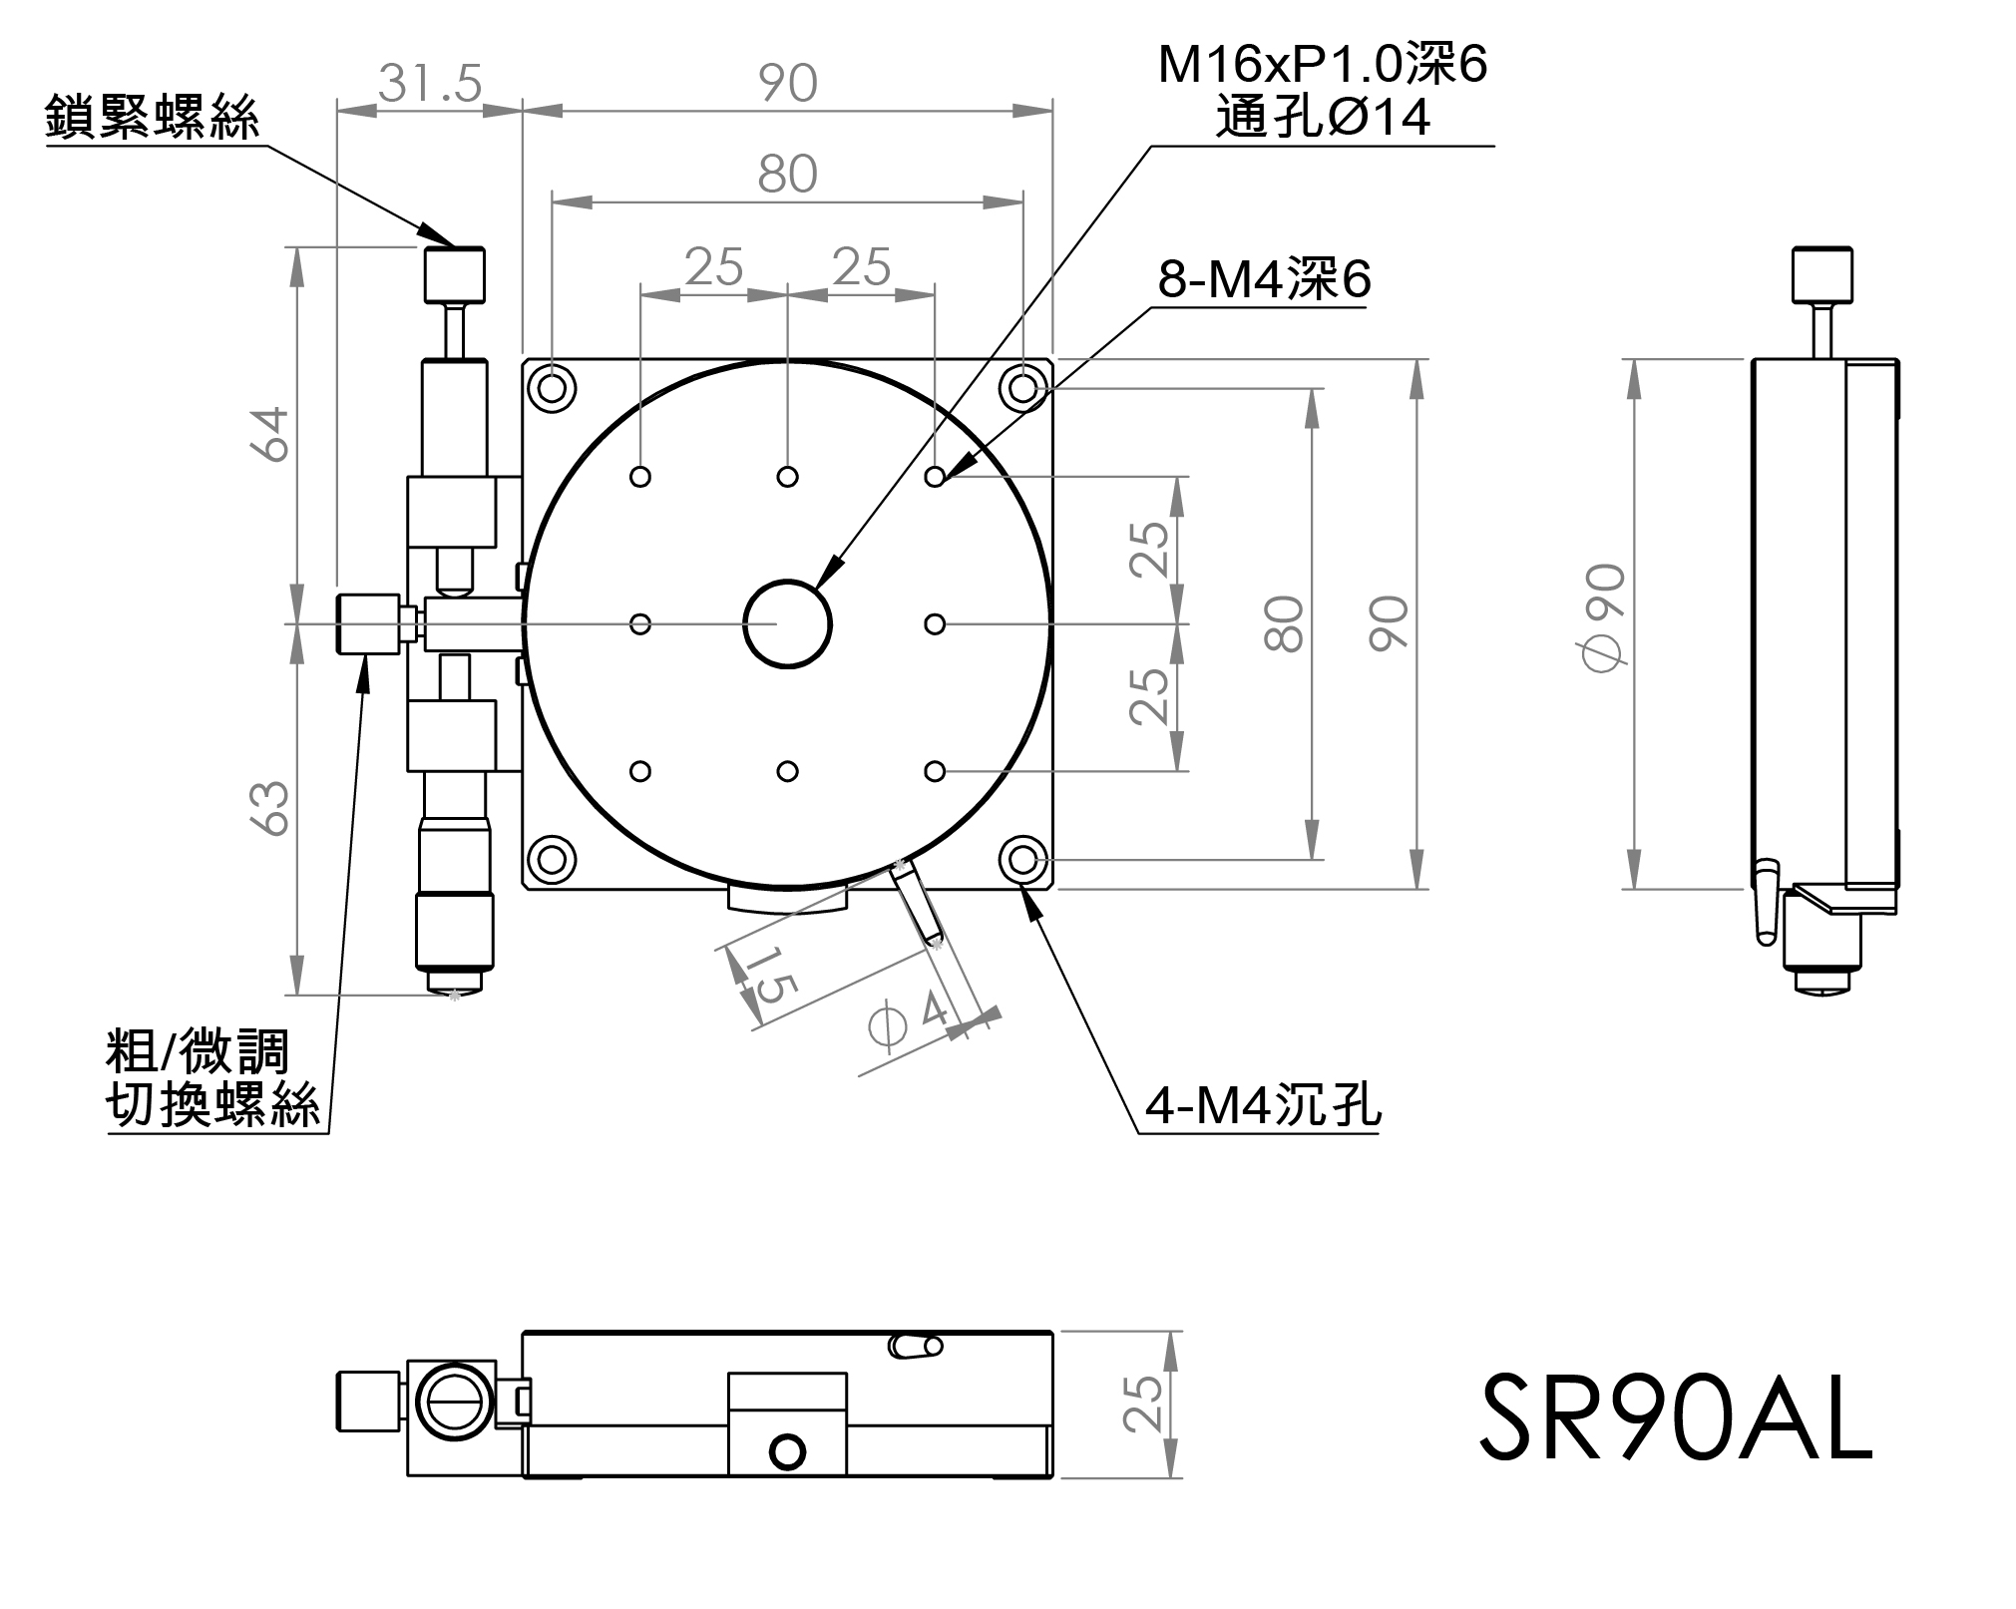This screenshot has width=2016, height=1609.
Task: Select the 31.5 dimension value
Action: click(x=430, y=82)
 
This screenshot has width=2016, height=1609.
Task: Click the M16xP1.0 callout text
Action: click(x=1323, y=66)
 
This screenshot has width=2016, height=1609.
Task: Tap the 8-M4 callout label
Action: click(x=1264, y=279)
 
